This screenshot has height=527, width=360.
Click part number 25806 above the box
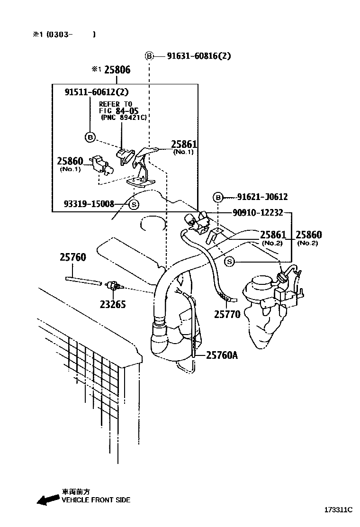click(117, 70)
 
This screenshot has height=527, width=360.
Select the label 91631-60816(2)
click(199, 56)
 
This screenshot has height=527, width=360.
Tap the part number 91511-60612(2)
click(96, 91)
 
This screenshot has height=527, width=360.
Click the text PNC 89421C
click(124, 118)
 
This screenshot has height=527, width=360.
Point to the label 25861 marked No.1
click(184, 144)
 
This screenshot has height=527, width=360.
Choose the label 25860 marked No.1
click(70, 161)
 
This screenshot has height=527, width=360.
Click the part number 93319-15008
click(89, 204)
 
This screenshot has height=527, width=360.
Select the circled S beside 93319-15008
click(134, 204)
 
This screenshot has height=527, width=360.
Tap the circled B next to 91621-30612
click(218, 197)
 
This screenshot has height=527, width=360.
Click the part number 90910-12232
click(258, 212)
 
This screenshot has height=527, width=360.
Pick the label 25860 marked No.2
click(309, 235)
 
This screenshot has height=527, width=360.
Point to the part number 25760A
click(222, 355)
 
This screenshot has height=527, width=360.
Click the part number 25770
click(227, 314)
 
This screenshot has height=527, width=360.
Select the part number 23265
click(113, 304)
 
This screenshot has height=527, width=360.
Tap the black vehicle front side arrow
click(48, 500)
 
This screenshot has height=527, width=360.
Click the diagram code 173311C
click(338, 510)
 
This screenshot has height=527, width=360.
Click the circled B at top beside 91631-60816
click(149, 56)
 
